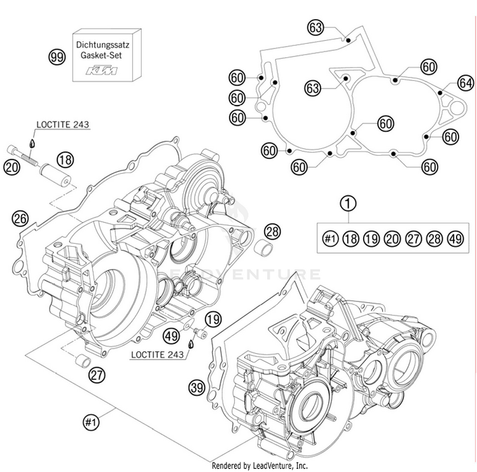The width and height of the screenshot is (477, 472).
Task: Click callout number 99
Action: pos(57,57)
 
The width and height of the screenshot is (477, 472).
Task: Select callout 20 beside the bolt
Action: pos(11,167)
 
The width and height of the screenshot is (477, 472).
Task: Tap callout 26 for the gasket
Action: pos(20,219)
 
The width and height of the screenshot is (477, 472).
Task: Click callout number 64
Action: pos(466,83)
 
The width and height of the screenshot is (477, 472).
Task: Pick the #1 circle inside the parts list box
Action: pos(329,239)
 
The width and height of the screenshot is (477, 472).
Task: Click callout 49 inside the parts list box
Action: pos(454,239)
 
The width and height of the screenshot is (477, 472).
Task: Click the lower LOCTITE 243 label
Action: pos(157,354)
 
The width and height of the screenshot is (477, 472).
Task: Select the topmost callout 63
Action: pos(316,27)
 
